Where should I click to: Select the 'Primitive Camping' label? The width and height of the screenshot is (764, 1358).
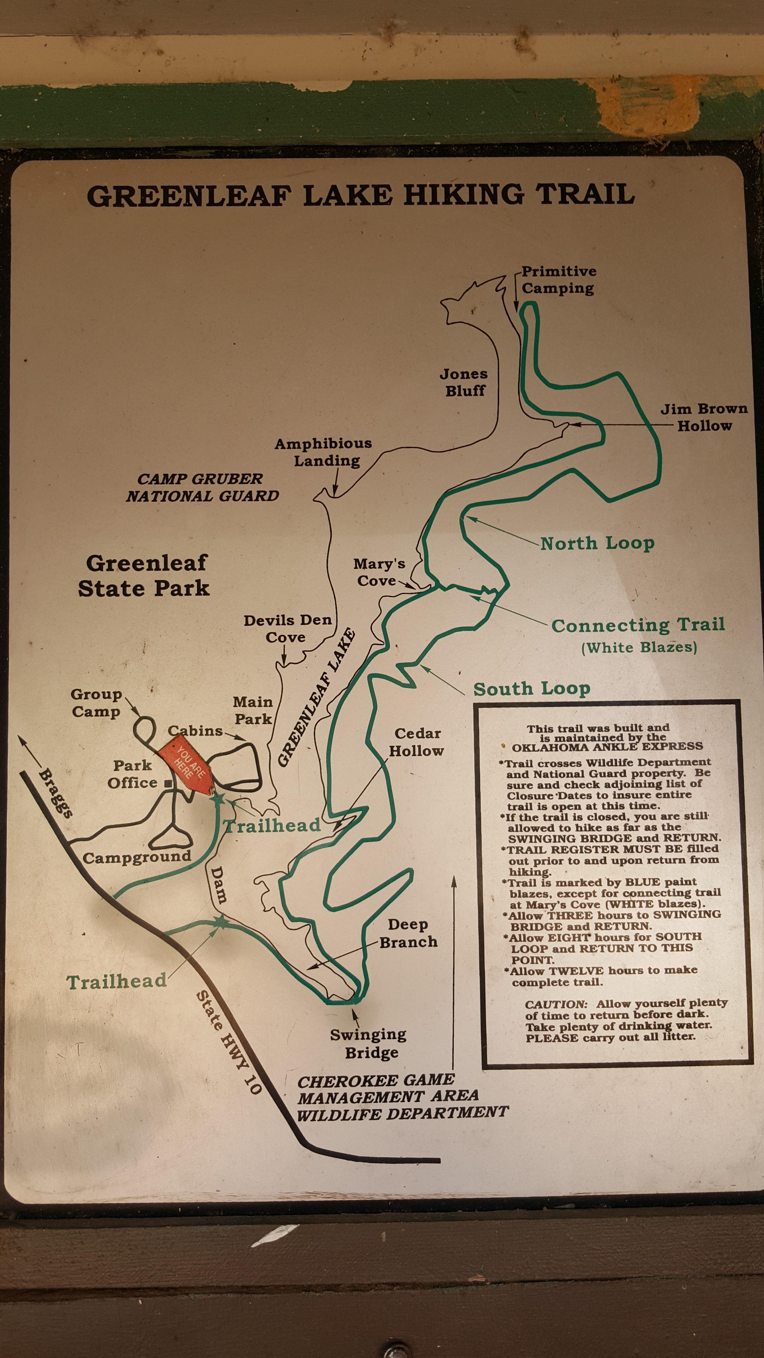pos(558,280)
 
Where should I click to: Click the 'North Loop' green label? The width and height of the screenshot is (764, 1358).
pos(597,543)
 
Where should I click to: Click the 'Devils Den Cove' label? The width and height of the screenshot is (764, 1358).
pos(287,628)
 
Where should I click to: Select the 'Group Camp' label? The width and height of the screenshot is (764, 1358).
pos(96,703)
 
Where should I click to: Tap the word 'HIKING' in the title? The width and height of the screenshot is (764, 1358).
pos(464,195)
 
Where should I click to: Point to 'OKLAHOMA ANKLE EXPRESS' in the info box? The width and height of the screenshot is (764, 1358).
pos(607,746)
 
